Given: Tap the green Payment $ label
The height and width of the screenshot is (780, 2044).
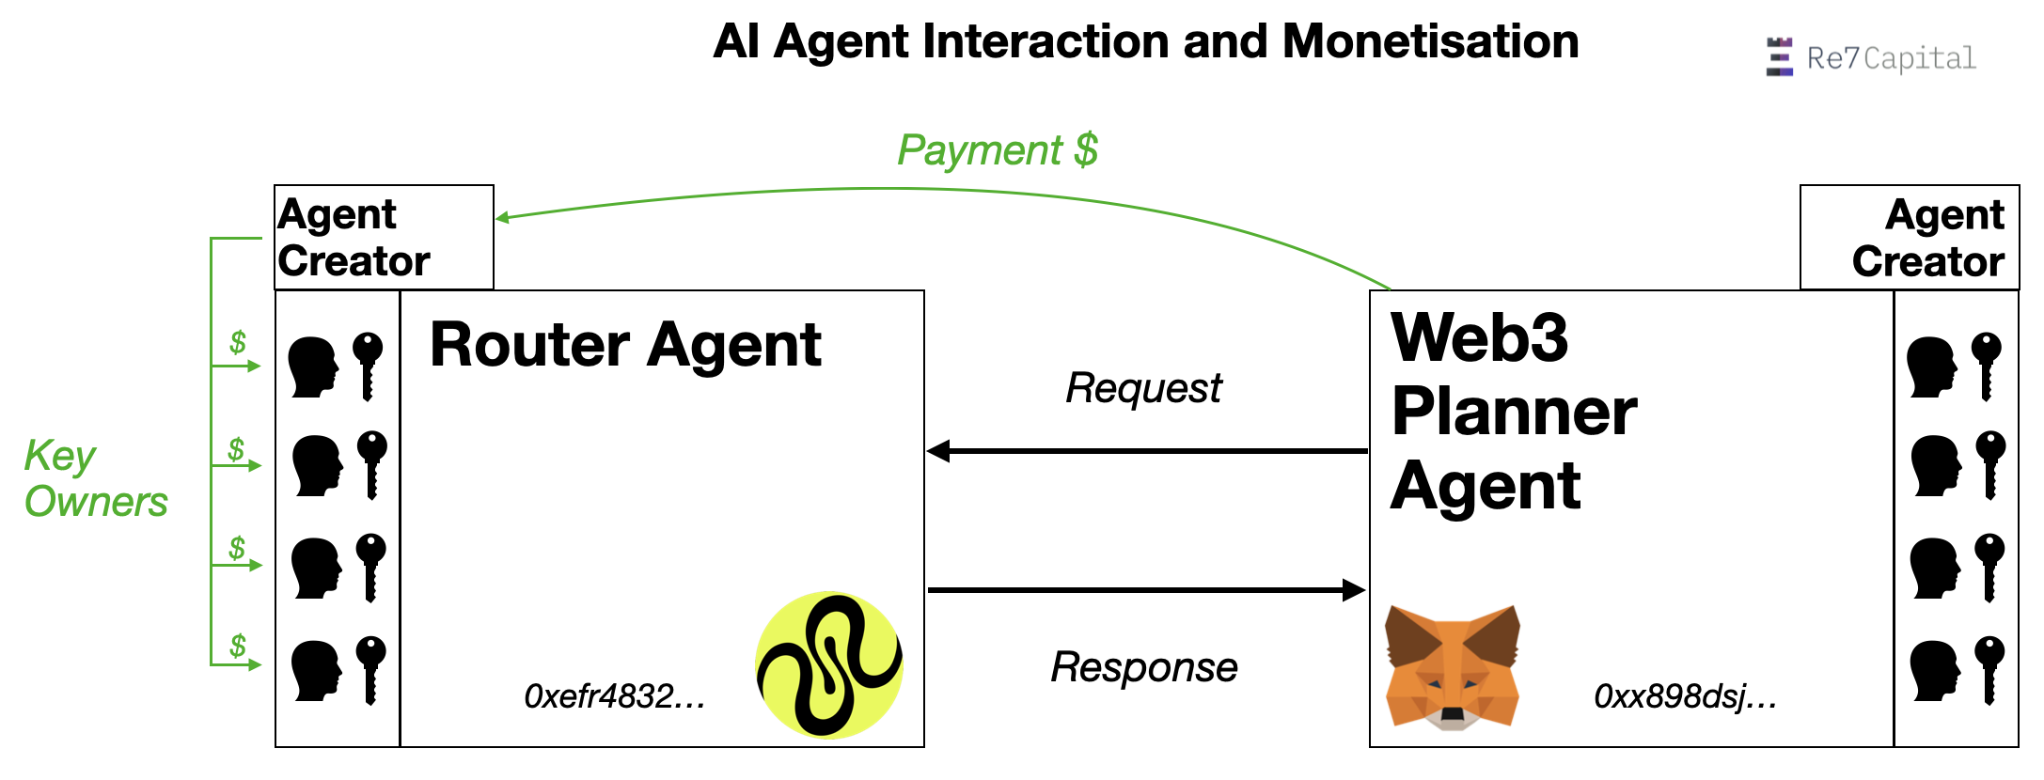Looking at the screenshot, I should (x=998, y=149).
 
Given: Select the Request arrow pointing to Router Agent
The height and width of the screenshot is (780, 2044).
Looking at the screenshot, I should (x=1147, y=451).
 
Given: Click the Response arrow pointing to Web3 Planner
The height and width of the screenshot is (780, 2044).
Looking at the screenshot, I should (x=1147, y=590).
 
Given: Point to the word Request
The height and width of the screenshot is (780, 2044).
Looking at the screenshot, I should (x=1143, y=387).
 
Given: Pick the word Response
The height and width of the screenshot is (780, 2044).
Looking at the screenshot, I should (x=1143, y=667).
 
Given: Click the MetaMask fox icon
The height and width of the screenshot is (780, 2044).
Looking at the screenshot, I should (x=1452, y=667).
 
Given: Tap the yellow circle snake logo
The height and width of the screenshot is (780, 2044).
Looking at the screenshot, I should (x=829, y=664).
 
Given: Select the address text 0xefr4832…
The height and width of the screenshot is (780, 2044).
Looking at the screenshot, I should (x=614, y=696).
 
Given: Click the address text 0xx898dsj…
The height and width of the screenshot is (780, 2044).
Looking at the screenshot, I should (x=1685, y=696).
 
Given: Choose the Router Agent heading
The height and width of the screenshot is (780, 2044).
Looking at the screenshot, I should (x=625, y=345).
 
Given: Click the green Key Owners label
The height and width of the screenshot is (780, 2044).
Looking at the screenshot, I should (x=94, y=479).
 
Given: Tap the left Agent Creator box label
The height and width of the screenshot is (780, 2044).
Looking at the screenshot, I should (x=354, y=238).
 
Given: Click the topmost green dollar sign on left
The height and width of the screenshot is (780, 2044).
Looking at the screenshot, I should (x=238, y=342).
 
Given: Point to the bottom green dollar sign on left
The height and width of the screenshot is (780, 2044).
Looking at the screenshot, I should (x=238, y=646).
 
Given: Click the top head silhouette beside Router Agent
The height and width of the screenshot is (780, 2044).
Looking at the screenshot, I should (x=313, y=367).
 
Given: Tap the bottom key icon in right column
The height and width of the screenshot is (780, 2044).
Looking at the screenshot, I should (x=1989, y=669).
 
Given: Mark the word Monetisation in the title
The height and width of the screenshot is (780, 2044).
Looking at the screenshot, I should (x=1430, y=41).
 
